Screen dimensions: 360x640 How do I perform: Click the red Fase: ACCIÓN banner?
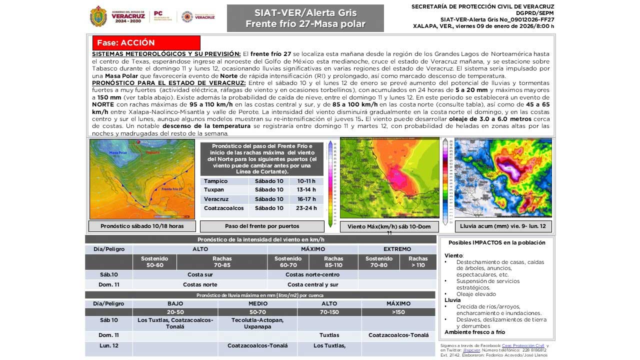(146, 43)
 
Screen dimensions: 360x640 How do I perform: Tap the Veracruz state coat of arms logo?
(98, 16)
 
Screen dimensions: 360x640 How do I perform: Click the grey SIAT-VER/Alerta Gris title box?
(305, 18)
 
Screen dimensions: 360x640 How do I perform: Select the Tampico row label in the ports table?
(215, 181)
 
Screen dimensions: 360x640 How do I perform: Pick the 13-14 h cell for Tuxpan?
(306, 190)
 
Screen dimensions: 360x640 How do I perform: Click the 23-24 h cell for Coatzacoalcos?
(306, 208)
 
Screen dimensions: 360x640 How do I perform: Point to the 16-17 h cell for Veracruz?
(306, 199)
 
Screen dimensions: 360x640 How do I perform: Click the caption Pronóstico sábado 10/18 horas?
(142, 226)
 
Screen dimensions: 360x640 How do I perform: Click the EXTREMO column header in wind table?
(397, 249)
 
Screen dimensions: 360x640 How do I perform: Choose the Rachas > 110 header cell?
(417, 262)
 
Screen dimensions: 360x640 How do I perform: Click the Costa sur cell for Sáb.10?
(200, 274)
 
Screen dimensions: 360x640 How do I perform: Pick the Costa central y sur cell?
(312, 284)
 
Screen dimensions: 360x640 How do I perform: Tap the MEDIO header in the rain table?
(257, 303)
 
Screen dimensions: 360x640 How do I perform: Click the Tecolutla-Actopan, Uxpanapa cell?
(257, 323)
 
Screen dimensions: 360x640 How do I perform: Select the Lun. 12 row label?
(108, 345)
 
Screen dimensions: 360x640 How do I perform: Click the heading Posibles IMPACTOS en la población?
(496, 242)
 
